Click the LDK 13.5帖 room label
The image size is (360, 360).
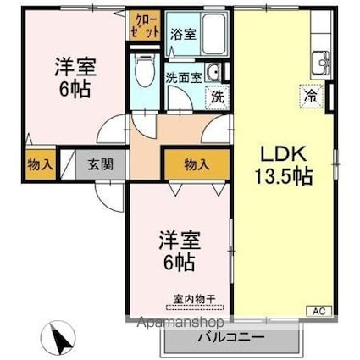coord(284,165)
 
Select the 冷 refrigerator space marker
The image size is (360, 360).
coord(311,97)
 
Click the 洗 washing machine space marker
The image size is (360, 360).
coord(218,97)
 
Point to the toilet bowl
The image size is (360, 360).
coord(145,70)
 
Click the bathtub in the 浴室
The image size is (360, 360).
coord(214,33)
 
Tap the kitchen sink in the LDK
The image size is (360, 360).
coord(321,62)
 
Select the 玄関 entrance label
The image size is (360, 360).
coord(101,164)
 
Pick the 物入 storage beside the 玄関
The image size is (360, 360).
coord(41,164)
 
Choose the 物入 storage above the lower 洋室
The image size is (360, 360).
coord(197,164)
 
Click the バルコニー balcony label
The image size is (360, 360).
coord(231,337)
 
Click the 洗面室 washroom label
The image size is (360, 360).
coord(184,78)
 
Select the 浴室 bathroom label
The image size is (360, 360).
coord(183,35)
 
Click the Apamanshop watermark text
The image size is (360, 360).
coord(180,322)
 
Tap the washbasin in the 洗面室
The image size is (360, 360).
coord(213,72)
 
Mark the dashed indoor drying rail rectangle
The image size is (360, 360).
coord(195,307)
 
